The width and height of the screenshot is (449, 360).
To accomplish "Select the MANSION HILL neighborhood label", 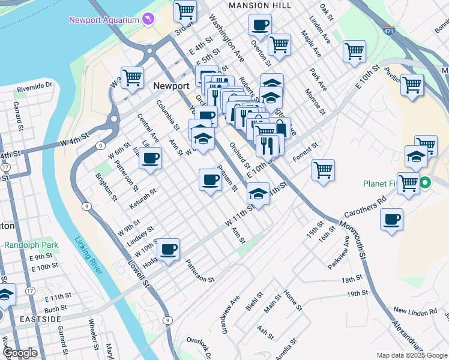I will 261,5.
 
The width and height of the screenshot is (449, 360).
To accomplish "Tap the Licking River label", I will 89,256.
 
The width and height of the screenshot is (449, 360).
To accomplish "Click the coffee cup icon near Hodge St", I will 169,248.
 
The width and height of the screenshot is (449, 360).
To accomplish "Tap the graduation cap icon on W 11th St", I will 258,193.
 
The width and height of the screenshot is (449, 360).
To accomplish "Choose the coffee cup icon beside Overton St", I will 260,25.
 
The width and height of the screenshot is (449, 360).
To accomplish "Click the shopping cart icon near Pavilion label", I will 412,85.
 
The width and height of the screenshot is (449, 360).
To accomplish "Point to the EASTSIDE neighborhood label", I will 40,319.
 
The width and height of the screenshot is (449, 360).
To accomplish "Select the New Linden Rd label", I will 415,312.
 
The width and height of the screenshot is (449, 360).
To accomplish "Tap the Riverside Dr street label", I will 35,88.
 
